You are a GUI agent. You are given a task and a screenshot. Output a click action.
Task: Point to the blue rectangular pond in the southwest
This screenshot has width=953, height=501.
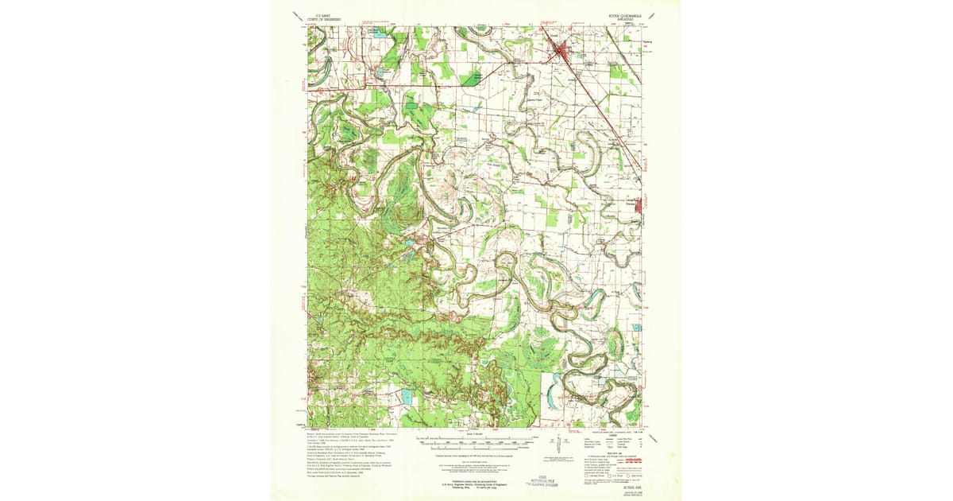(x=407, y=395)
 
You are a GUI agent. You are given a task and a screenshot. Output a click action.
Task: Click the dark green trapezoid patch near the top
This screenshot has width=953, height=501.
(x=472, y=77)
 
